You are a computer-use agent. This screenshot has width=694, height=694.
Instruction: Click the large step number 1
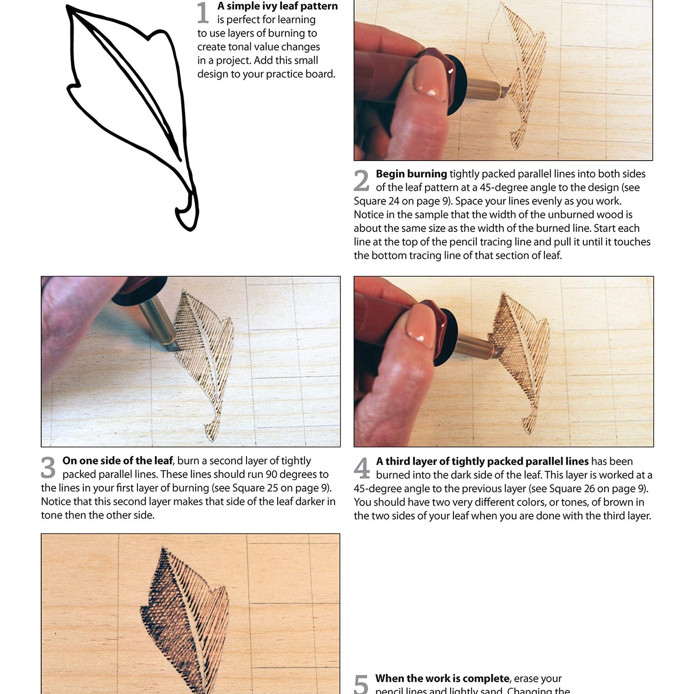(203, 13)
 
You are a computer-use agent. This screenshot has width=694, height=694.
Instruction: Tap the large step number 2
(361, 180)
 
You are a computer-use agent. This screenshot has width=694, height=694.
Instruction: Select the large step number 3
(48, 467)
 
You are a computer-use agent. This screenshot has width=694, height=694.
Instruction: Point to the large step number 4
(362, 468)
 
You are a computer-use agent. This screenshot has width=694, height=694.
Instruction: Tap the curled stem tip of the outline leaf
(187, 215)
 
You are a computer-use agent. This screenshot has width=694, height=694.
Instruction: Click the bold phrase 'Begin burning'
(411, 174)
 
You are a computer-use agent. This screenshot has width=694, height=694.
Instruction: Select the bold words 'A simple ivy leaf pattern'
(278, 6)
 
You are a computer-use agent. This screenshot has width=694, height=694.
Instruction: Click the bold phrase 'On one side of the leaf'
(118, 461)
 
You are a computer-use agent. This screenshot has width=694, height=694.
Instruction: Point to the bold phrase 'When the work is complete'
(442, 678)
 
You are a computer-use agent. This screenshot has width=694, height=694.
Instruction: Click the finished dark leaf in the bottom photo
(185, 620)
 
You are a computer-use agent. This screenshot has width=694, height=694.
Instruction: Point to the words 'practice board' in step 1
(300, 74)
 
